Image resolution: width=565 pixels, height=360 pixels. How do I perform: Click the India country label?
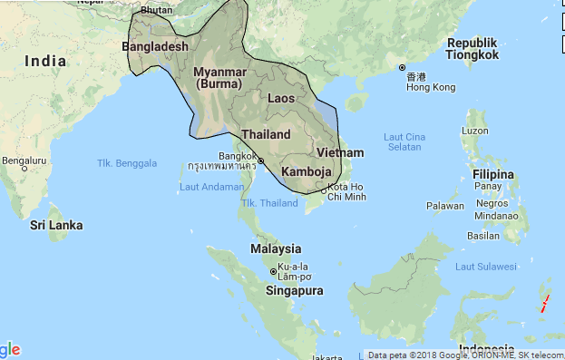click(45, 61)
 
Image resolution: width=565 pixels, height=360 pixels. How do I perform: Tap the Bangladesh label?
click(155, 46)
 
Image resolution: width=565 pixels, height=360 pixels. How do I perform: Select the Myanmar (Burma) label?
click(220, 78)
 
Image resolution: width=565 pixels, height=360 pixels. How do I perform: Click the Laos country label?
click(282, 98)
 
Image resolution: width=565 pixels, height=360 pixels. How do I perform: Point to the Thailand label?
click(266, 134)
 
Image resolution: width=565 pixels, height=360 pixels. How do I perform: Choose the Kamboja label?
click(307, 171)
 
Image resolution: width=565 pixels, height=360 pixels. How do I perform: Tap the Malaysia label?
click(276, 248)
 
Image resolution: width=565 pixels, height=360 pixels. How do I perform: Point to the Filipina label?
click(494, 172)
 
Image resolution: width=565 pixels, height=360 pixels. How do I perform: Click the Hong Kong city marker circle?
click(402, 68)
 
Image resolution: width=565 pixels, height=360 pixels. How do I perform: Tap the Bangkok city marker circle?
click(260, 161)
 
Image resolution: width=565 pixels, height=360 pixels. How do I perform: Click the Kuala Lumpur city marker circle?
click(274, 271)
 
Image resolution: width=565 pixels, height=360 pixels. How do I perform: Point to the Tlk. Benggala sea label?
click(127, 163)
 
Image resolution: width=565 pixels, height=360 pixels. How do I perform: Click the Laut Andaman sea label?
click(211, 188)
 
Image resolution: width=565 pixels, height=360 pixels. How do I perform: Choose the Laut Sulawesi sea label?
click(485, 267)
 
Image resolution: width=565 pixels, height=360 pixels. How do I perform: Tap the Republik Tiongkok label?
click(473, 49)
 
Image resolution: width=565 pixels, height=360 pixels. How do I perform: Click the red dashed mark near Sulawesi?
click(544, 302)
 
